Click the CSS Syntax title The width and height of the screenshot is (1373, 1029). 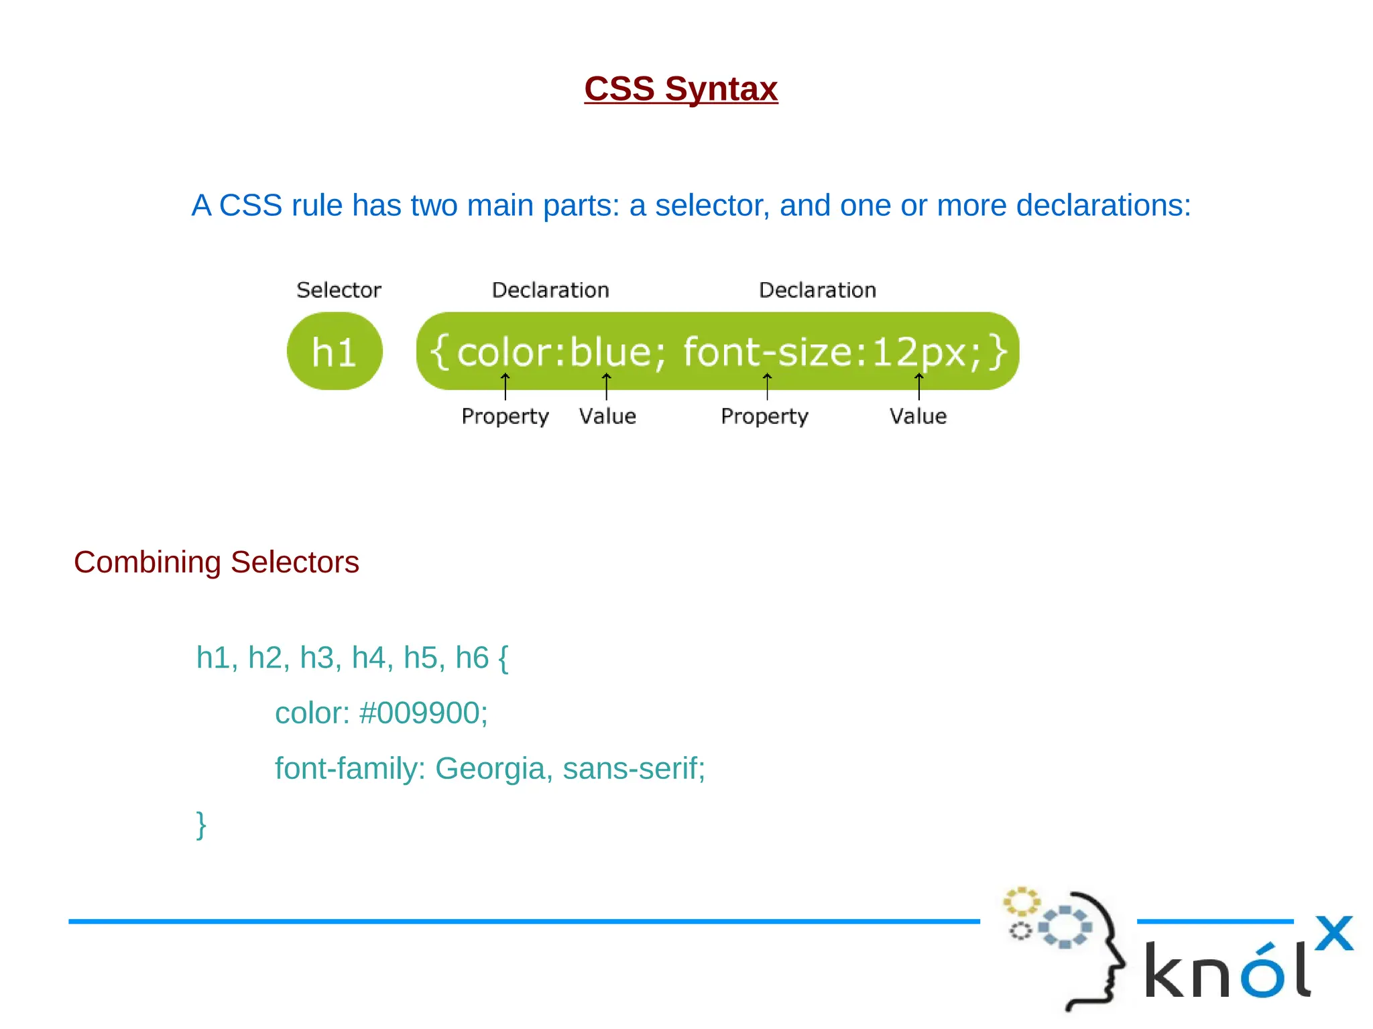pyautogui.click(x=680, y=88)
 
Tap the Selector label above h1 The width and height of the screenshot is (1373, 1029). pyautogui.click(x=339, y=290)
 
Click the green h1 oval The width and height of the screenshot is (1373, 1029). pyautogui.click(x=335, y=351)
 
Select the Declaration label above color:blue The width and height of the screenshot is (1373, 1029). pyautogui.click(x=550, y=290)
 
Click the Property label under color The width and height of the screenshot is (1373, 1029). pyautogui.click(x=505, y=416)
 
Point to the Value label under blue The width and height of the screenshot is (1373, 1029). pyautogui.click(x=607, y=416)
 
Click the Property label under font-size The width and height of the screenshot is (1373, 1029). pyautogui.click(x=764, y=416)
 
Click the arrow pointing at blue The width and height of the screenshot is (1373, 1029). pyautogui.click(x=606, y=386)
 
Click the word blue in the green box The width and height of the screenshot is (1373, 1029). pyautogui.click(x=610, y=351)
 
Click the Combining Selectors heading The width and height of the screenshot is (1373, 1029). pyautogui.click(x=216, y=562)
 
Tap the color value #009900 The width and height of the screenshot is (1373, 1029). pyautogui.click(x=423, y=713)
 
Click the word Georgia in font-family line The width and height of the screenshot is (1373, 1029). pyautogui.click(x=489, y=768)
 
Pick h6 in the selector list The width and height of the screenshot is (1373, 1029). pyautogui.click(x=472, y=658)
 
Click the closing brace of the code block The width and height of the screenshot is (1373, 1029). pyautogui.click(x=200, y=824)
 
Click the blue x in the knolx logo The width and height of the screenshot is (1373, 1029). pyautogui.click(x=1333, y=933)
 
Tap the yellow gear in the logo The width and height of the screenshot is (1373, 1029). pyautogui.click(x=1020, y=902)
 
